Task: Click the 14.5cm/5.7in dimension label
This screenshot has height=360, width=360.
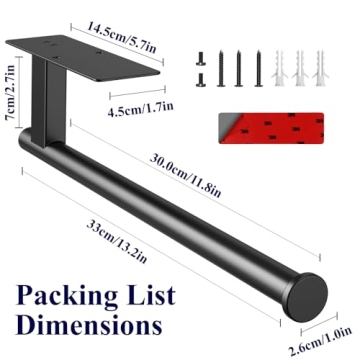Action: pos(121,37)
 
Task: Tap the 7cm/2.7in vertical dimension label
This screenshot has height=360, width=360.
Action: pos(10,93)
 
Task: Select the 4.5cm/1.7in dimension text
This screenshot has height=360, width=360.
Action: pos(140,108)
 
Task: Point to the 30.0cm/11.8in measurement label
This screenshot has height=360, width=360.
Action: pos(185,175)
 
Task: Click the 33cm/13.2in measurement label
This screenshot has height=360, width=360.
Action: pos(117,241)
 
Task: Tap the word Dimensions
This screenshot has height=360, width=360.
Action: pos(89,324)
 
